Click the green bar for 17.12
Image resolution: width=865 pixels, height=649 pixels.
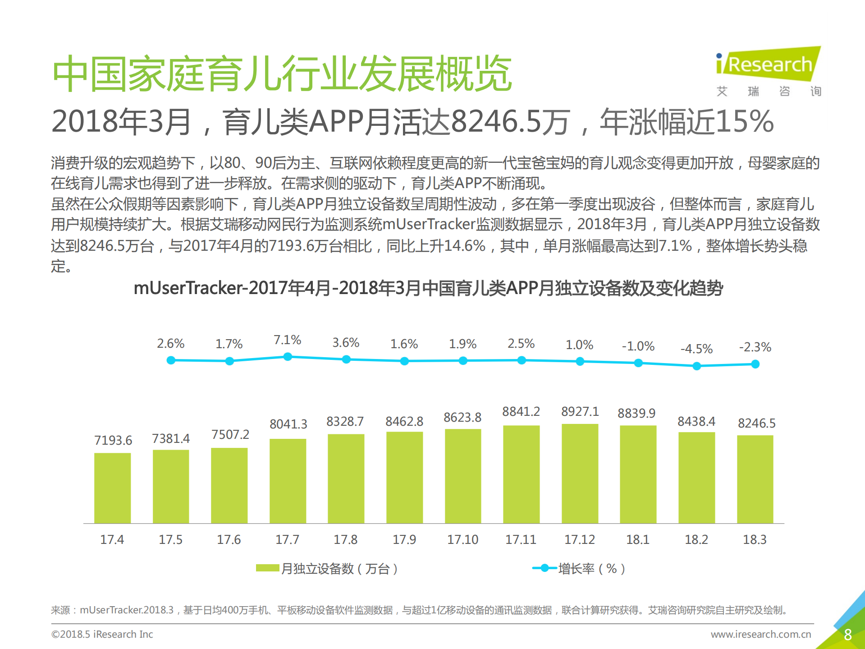point(580,474)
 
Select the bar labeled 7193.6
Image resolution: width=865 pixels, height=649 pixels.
point(112,488)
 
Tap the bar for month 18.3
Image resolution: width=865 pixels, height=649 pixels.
point(755,479)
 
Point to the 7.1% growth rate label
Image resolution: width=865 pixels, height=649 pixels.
point(287,340)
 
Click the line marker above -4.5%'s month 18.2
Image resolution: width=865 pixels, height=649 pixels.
point(696,366)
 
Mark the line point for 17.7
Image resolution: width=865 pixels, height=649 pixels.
point(288,357)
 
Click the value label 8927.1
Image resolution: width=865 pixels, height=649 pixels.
point(580,411)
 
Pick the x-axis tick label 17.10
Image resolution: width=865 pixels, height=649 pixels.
point(462,539)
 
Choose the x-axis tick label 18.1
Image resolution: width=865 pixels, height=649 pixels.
point(637,539)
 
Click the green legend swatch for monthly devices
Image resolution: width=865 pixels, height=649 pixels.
point(267,568)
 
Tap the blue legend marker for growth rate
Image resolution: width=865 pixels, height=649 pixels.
point(545,568)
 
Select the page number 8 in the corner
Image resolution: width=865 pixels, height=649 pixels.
point(847,635)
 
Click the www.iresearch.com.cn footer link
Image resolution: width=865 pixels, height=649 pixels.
point(760,634)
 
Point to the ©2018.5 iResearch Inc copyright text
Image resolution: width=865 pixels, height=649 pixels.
point(102,634)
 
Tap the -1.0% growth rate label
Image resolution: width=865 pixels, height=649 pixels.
point(638,346)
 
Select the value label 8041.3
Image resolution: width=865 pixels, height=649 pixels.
point(288,424)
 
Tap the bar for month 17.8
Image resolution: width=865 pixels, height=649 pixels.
point(346,478)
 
